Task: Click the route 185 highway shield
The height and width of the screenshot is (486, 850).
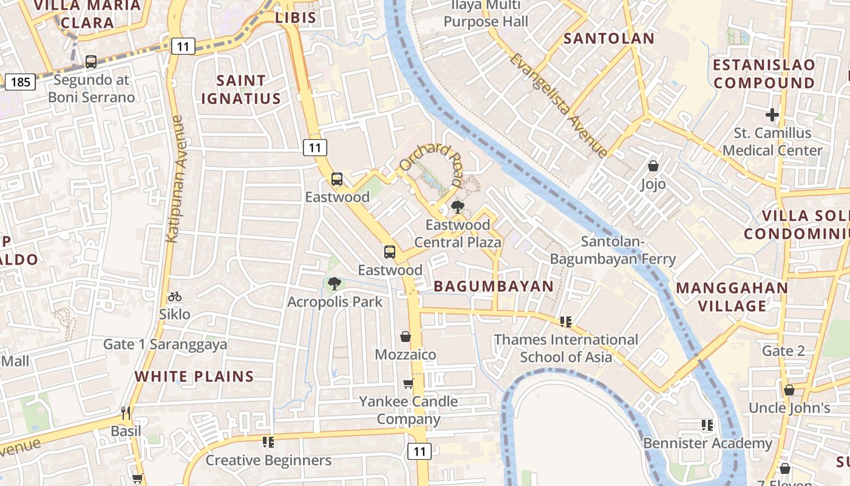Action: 20,81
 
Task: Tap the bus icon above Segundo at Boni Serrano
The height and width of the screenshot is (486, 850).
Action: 90,61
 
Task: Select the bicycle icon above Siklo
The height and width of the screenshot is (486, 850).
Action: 175,296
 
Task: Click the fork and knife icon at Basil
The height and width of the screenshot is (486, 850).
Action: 126,413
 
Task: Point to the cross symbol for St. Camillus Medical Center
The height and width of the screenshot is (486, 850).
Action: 772,114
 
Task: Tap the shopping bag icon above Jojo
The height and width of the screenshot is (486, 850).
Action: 653,165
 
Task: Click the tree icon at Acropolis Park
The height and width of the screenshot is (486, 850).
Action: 334,283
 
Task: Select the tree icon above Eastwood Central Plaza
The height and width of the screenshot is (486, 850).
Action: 457,207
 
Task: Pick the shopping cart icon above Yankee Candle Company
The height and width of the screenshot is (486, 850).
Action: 408,383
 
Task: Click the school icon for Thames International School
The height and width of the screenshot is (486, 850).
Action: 566,321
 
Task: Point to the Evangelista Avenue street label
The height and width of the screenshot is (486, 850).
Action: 558,104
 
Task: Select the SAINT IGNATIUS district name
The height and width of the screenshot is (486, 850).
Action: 241,89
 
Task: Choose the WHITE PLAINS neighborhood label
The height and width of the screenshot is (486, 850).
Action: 194,376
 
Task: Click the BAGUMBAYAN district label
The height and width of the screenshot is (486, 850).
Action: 494,286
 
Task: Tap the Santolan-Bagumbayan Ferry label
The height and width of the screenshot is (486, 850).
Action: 613,250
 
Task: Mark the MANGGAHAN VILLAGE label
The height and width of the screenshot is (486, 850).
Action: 732,296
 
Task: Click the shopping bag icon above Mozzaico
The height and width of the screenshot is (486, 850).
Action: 406,336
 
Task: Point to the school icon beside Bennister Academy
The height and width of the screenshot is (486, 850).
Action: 707,425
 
